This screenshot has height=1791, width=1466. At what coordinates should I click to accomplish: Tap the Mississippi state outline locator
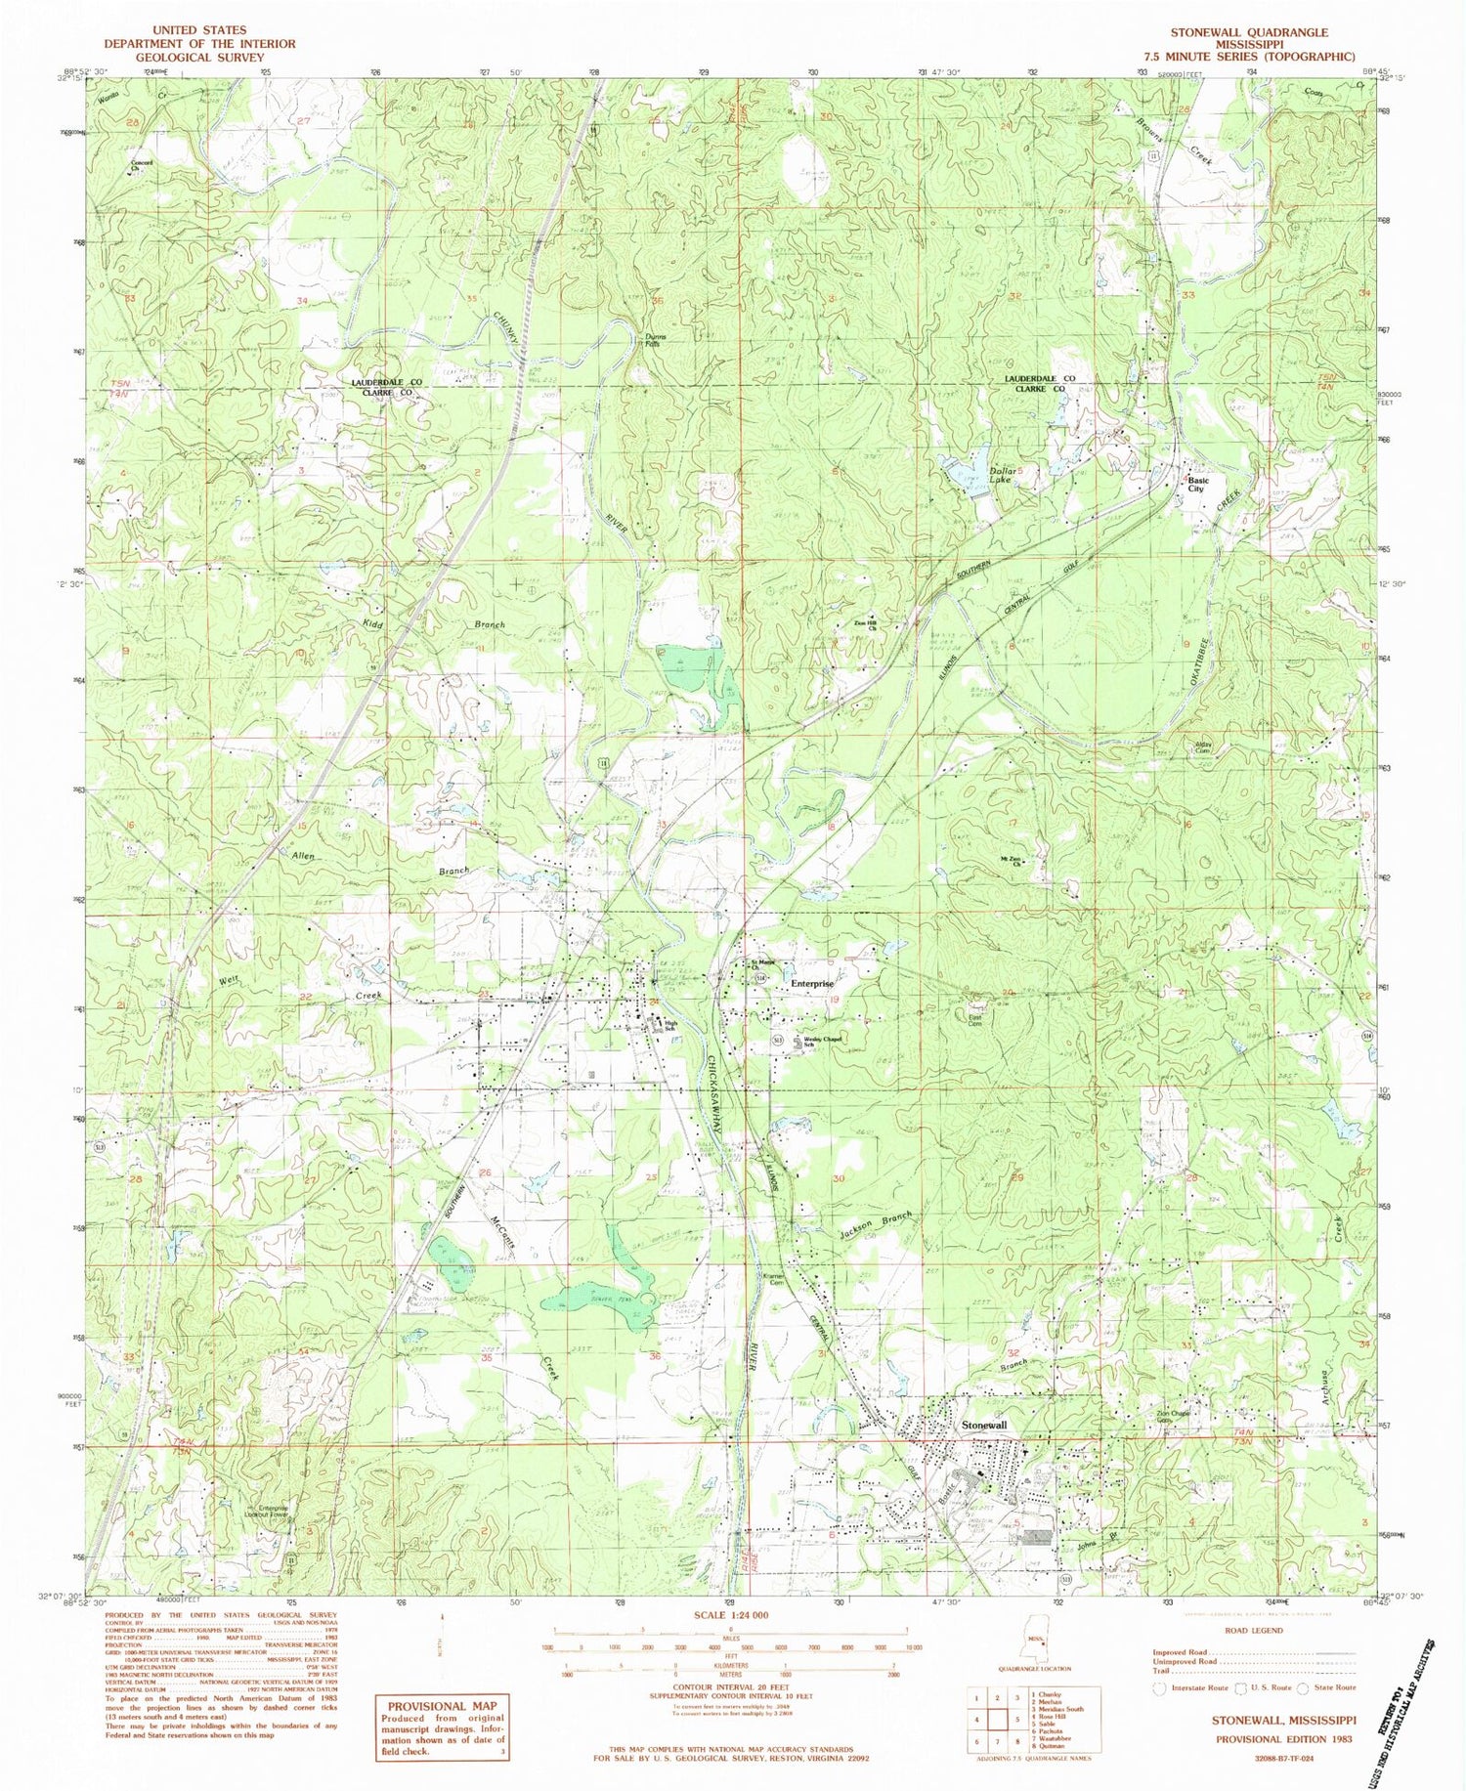[1038, 1647]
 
